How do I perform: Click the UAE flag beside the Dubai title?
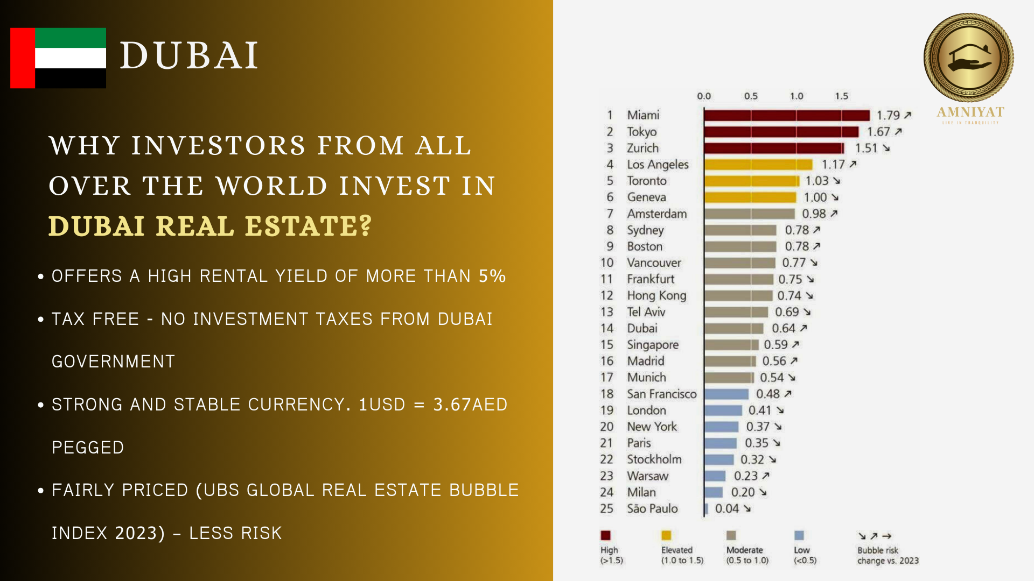[x=58, y=58]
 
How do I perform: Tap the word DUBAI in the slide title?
[x=189, y=55]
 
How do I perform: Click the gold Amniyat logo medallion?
[x=968, y=58]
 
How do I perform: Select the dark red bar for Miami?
[x=786, y=115]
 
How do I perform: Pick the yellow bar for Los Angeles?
[x=758, y=165]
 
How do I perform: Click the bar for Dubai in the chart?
[x=733, y=329]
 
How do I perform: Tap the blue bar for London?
[x=723, y=410]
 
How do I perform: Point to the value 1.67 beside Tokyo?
[x=878, y=132]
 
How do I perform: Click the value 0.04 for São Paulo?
[x=726, y=509]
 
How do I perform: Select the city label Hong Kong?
[x=656, y=296]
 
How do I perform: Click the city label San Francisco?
[x=661, y=394]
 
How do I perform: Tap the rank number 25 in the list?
[x=606, y=509]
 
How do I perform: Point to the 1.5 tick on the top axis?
[x=841, y=96]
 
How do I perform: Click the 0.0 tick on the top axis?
[x=704, y=96]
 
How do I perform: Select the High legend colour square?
[x=605, y=535]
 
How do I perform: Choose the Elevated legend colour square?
[x=666, y=535]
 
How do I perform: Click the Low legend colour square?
[x=799, y=535]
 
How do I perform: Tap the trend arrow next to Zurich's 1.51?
[x=886, y=148]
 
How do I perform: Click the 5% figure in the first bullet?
[x=492, y=276]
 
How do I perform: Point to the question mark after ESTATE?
[x=366, y=225]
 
